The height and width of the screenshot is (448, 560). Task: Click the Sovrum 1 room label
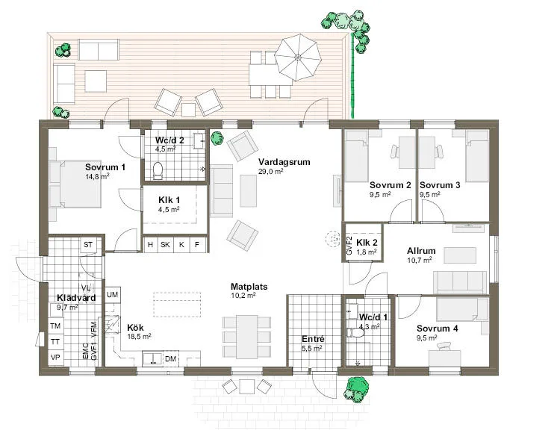click(105, 167)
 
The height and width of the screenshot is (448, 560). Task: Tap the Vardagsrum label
click(284, 161)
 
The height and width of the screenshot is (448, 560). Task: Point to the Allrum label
click(421, 251)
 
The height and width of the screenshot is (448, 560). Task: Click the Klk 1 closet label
click(169, 200)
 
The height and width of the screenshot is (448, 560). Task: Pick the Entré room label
click(312, 338)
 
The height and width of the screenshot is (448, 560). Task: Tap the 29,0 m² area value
click(270, 172)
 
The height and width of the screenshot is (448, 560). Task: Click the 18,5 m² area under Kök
click(138, 337)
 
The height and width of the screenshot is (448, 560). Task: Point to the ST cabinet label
click(87, 245)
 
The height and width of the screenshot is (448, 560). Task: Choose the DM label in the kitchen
click(171, 360)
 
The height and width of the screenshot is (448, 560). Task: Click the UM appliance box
click(113, 296)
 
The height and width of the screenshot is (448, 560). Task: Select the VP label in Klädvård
click(55, 357)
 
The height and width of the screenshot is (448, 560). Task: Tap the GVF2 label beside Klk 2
click(349, 246)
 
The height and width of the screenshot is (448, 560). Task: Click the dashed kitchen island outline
click(178, 304)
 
